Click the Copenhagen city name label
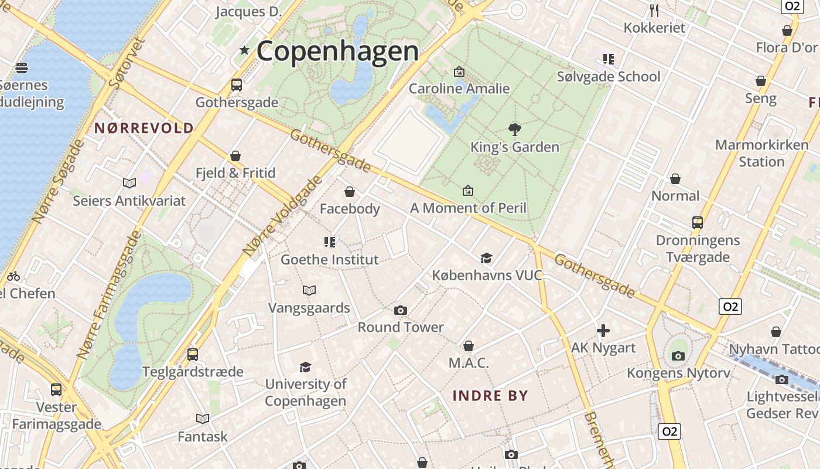[x=337, y=52]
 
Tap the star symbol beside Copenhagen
[x=244, y=51]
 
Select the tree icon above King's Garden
[x=515, y=129]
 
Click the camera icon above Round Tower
[x=401, y=310]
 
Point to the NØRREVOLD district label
[x=144, y=128]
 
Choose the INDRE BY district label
[x=490, y=396]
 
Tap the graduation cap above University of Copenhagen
[x=305, y=367]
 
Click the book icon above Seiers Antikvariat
[x=129, y=183]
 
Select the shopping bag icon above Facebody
[x=350, y=192]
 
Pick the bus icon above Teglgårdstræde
[x=193, y=354]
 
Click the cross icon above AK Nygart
[x=603, y=331]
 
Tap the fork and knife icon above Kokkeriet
[x=654, y=11]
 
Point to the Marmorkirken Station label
[x=761, y=153]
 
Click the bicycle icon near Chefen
[x=13, y=276]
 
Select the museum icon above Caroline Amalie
[x=459, y=72]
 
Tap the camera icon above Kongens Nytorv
[x=678, y=356]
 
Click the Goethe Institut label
[x=330, y=259]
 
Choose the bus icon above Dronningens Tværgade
[x=697, y=223]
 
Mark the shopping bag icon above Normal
[x=675, y=179]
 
